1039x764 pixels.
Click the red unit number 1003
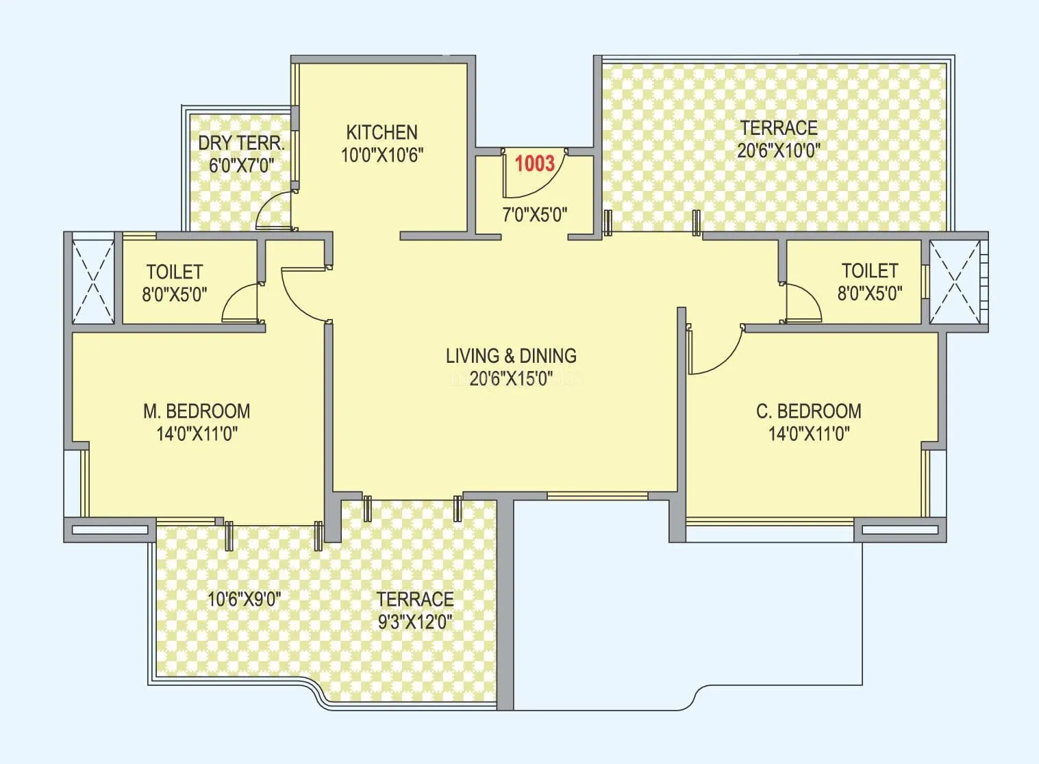point(534,164)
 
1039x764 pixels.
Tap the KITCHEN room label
point(381,132)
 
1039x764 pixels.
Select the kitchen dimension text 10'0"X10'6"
point(381,155)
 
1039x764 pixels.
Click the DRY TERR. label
point(241,143)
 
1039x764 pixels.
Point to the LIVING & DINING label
point(511,356)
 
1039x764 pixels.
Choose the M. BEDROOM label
point(197,411)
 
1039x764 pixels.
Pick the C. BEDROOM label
point(808,411)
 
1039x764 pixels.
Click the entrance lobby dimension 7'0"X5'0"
point(534,215)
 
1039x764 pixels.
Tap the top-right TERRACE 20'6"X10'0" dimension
point(778,151)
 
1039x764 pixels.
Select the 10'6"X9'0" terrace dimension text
point(245,600)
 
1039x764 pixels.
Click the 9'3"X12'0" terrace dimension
point(415,622)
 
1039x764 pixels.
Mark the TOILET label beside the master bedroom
point(175,272)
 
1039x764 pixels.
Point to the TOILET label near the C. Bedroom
point(869,270)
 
